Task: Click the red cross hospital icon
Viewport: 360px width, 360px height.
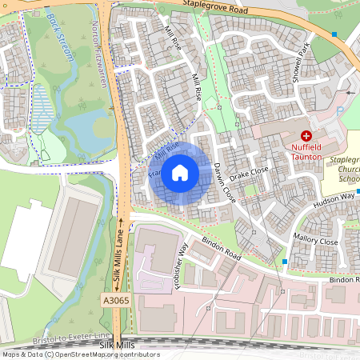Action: [306, 138]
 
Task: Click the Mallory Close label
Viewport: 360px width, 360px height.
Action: [316, 240]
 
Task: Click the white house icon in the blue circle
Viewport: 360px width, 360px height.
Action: [180, 173]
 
